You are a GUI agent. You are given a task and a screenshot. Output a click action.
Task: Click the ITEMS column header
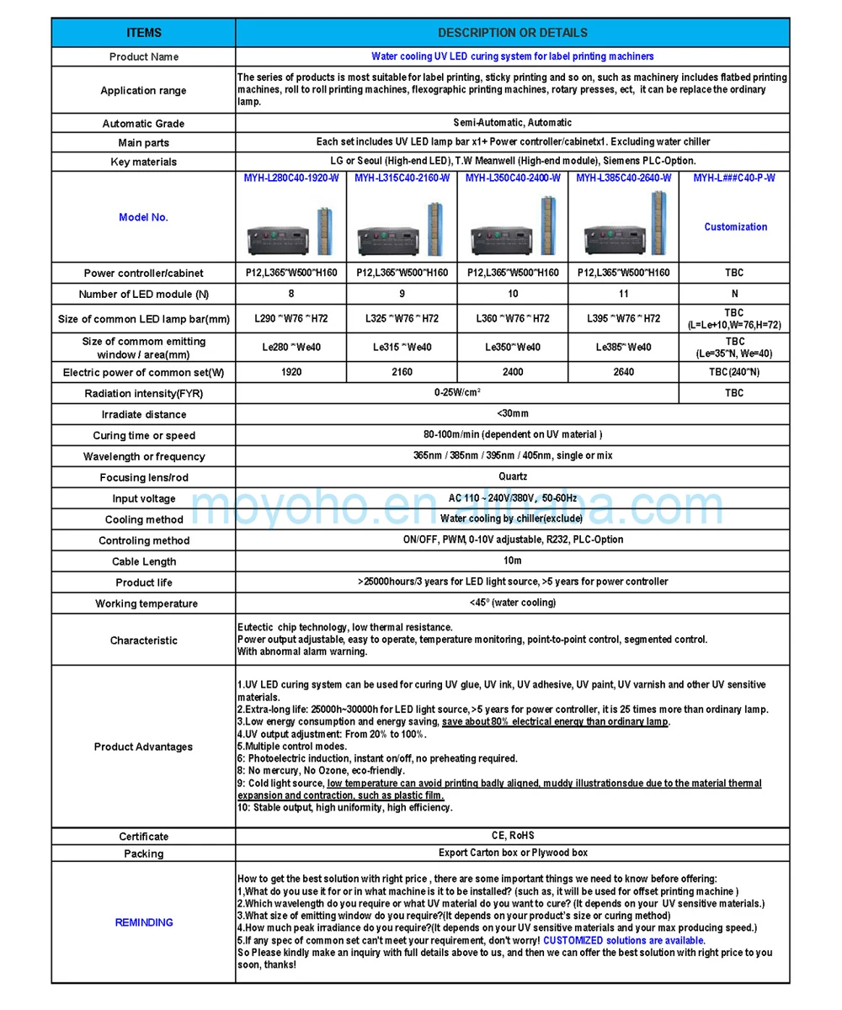point(143,33)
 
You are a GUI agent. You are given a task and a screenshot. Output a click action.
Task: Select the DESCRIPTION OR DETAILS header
point(512,33)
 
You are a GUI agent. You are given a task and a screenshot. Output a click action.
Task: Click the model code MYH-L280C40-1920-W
point(290,178)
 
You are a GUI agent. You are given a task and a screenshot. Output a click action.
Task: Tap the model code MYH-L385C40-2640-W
point(623,178)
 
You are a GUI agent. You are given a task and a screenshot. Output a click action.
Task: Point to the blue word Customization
point(735,226)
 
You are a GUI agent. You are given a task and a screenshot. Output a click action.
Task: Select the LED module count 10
point(513,294)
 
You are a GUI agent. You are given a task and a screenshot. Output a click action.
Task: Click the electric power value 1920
point(290,371)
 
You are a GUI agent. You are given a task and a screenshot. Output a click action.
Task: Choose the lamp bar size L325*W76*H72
point(402,318)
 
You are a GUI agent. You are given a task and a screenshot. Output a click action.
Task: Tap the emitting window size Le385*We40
point(623,347)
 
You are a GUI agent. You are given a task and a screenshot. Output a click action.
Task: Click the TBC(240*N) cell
point(735,371)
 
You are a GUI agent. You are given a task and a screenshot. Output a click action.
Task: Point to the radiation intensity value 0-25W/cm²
point(457,392)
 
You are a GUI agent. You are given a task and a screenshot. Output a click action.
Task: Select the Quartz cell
point(512,476)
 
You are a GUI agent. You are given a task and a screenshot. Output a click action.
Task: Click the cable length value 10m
point(512,561)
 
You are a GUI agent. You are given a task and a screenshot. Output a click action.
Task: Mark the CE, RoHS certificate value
point(512,835)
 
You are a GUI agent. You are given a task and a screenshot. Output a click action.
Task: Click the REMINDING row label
point(143,922)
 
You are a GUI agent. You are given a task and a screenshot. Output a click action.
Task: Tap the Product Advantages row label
point(143,747)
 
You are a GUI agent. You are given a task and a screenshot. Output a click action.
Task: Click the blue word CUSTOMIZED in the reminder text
point(573,940)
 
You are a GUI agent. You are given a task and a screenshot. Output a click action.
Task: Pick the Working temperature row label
point(143,603)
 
